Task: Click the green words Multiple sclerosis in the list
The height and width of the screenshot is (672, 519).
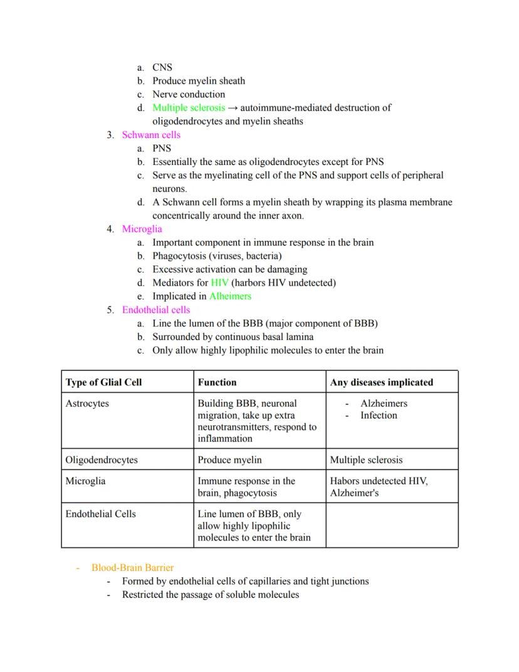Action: [x=189, y=108]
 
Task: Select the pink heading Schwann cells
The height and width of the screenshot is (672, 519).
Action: [x=151, y=135]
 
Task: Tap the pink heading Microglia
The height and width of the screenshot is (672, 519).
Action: [x=142, y=229]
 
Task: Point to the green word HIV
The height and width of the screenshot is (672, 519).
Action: [x=219, y=283]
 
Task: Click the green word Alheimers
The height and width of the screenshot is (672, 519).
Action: [x=230, y=296]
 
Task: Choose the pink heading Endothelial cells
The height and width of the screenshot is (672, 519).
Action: [x=156, y=310]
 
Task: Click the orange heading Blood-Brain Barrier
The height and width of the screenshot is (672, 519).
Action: [x=132, y=568]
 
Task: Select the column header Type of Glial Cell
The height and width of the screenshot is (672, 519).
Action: [x=103, y=382]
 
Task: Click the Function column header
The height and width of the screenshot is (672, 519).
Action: [x=217, y=382]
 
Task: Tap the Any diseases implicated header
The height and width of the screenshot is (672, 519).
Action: [x=381, y=382]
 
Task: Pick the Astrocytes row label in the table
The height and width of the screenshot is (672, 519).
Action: [x=87, y=403]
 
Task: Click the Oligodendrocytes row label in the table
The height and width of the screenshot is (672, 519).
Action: [x=102, y=460]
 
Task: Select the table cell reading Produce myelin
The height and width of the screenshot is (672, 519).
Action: [x=229, y=460]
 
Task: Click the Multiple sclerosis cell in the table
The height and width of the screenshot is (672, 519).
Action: [x=367, y=460]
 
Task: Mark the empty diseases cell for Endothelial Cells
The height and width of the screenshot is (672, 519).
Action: [x=391, y=525]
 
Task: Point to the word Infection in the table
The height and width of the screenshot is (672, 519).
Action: [x=379, y=415]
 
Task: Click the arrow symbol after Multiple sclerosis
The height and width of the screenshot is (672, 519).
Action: [x=233, y=108]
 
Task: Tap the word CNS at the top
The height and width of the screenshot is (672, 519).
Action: [x=162, y=67]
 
